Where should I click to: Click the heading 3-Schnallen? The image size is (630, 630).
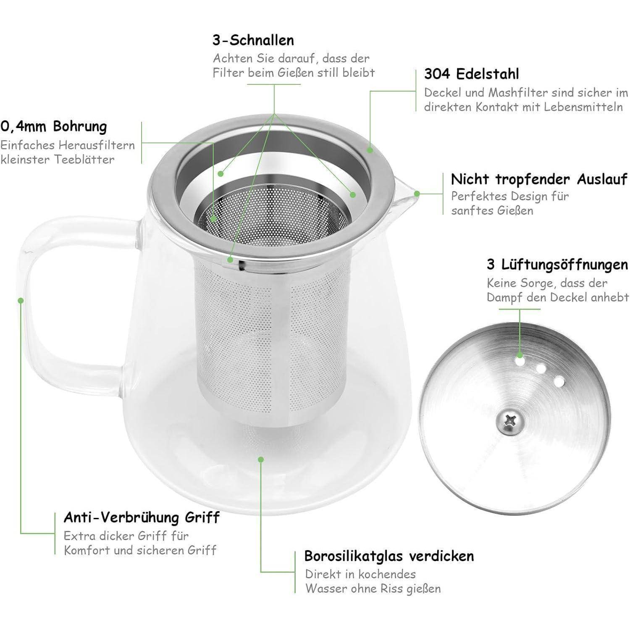click(253, 40)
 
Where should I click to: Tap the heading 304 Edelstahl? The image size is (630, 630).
click(471, 74)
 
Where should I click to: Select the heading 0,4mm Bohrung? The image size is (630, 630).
click(54, 126)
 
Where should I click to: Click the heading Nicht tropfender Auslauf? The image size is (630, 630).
click(539, 179)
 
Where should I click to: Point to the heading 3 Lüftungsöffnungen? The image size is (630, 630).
click(557, 265)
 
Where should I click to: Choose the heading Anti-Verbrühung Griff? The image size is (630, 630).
click(142, 517)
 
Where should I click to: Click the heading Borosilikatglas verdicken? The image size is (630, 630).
click(389, 556)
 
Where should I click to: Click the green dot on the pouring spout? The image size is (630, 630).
click(417, 194)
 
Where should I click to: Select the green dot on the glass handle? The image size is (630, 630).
click(20, 300)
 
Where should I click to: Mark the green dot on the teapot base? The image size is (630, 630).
click(261, 459)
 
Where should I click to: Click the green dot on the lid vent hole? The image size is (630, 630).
click(520, 355)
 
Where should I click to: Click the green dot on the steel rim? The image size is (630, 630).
click(370, 150)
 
